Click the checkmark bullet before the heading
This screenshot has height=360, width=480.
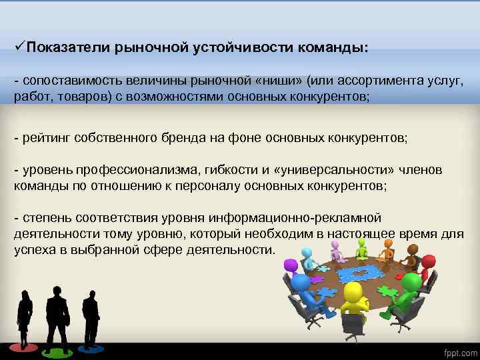pos(19,47)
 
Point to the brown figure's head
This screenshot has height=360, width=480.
pos(413,250)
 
